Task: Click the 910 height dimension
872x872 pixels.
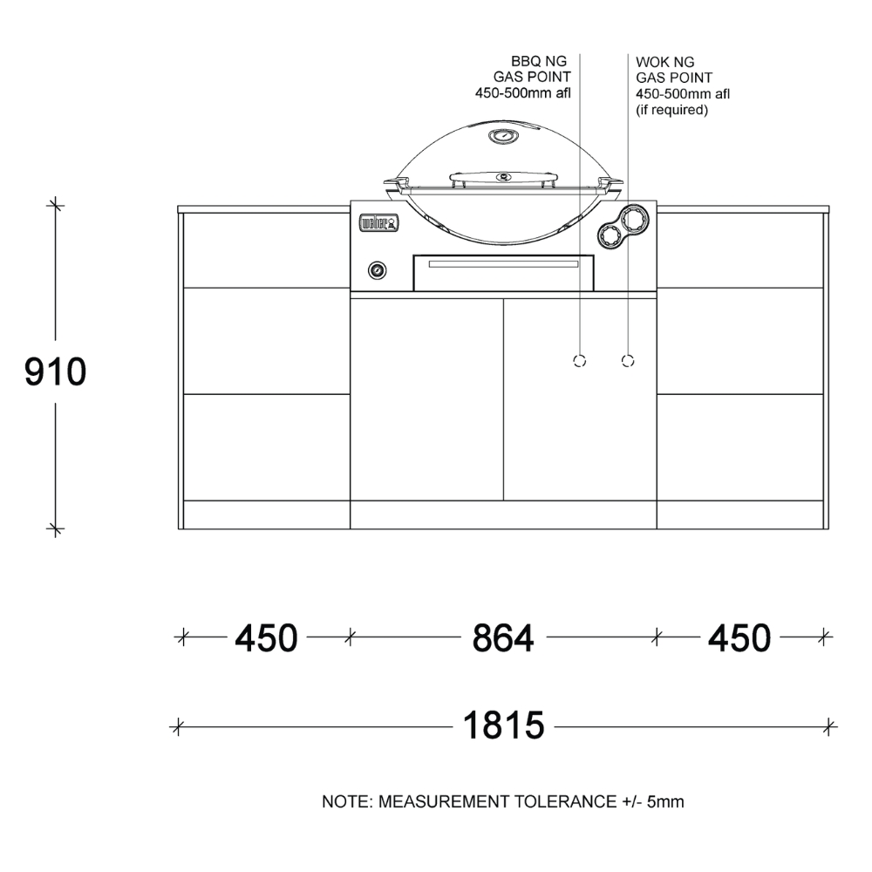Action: pyautogui.click(x=55, y=372)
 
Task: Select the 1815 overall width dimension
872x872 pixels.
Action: pyautogui.click(x=503, y=726)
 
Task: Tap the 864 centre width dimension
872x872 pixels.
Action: pyautogui.click(x=502, y=638)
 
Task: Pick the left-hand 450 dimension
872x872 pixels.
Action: pyautogui.click(x=266, y=638)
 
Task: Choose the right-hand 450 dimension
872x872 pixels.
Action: pyautogui.click(x=739, y=638)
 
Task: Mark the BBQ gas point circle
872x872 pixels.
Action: pyautogui.click(x=579, y=360)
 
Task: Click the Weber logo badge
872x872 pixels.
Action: pyautogui.click(x=379, y=224)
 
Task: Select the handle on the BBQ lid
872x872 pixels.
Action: pyautogui.click(x=503, y=179)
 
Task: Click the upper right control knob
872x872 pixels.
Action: pyautogui.click(x=635, y=217)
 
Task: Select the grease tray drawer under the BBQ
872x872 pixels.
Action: pyautogui.click(x=504, y=271)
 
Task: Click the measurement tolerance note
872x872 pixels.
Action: pyautogui.click(x=502, y=801)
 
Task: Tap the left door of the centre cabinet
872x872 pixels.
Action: pyautogui.click(x=427, y=399)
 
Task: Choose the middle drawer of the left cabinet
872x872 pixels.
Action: pyautogui.click(x=266, y=341)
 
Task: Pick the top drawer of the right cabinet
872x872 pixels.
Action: pyautogui.click(x=739, y=250)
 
